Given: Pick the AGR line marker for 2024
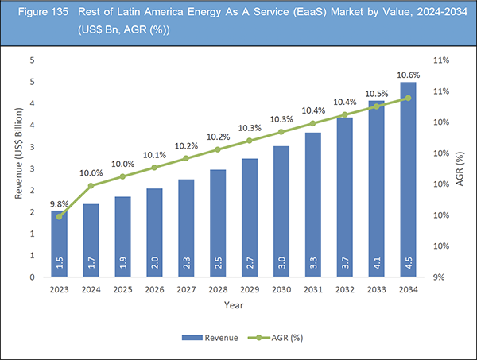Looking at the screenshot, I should coord(91,186).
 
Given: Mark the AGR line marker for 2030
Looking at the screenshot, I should coord(281,132).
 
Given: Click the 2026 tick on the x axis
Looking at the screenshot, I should coord(154,290).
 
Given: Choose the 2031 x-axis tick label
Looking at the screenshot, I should coord(312,290).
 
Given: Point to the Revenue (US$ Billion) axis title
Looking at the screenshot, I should coord(18,168).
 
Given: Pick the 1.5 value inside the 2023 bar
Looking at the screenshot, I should coord(60,262).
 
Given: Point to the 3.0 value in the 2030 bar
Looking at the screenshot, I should coord(281,262).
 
